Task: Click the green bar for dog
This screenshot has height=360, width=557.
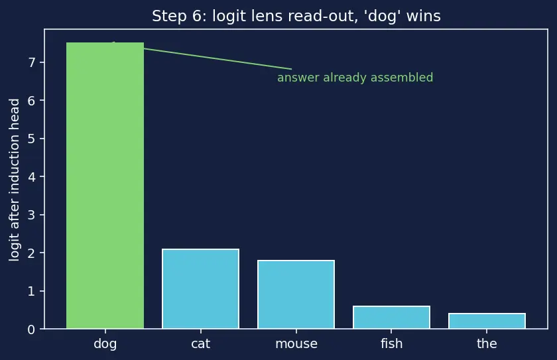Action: [105, 186]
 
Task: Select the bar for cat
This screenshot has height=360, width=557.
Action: [201, 288]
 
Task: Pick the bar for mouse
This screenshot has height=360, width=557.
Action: [296, 294]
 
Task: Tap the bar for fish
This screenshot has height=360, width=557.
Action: [391, 318]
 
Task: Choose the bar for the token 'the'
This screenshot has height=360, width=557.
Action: [487, 321]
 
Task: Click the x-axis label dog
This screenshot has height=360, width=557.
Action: [105, 343]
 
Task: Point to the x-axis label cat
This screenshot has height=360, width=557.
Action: [201, 343]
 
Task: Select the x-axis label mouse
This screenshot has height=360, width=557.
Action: [296, 343]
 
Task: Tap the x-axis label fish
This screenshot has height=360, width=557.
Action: [391, 343]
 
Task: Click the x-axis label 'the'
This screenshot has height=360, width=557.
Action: [487, 343]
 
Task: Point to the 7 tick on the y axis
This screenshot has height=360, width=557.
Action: [32, 62]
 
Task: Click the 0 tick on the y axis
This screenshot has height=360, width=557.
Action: [32, 330]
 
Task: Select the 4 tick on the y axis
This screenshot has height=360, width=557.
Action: [32, 177]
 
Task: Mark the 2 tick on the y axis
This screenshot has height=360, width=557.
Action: [32, 253]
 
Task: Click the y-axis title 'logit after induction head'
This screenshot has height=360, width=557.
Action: [14, 180]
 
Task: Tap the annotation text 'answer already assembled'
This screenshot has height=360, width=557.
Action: [355, 78]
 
